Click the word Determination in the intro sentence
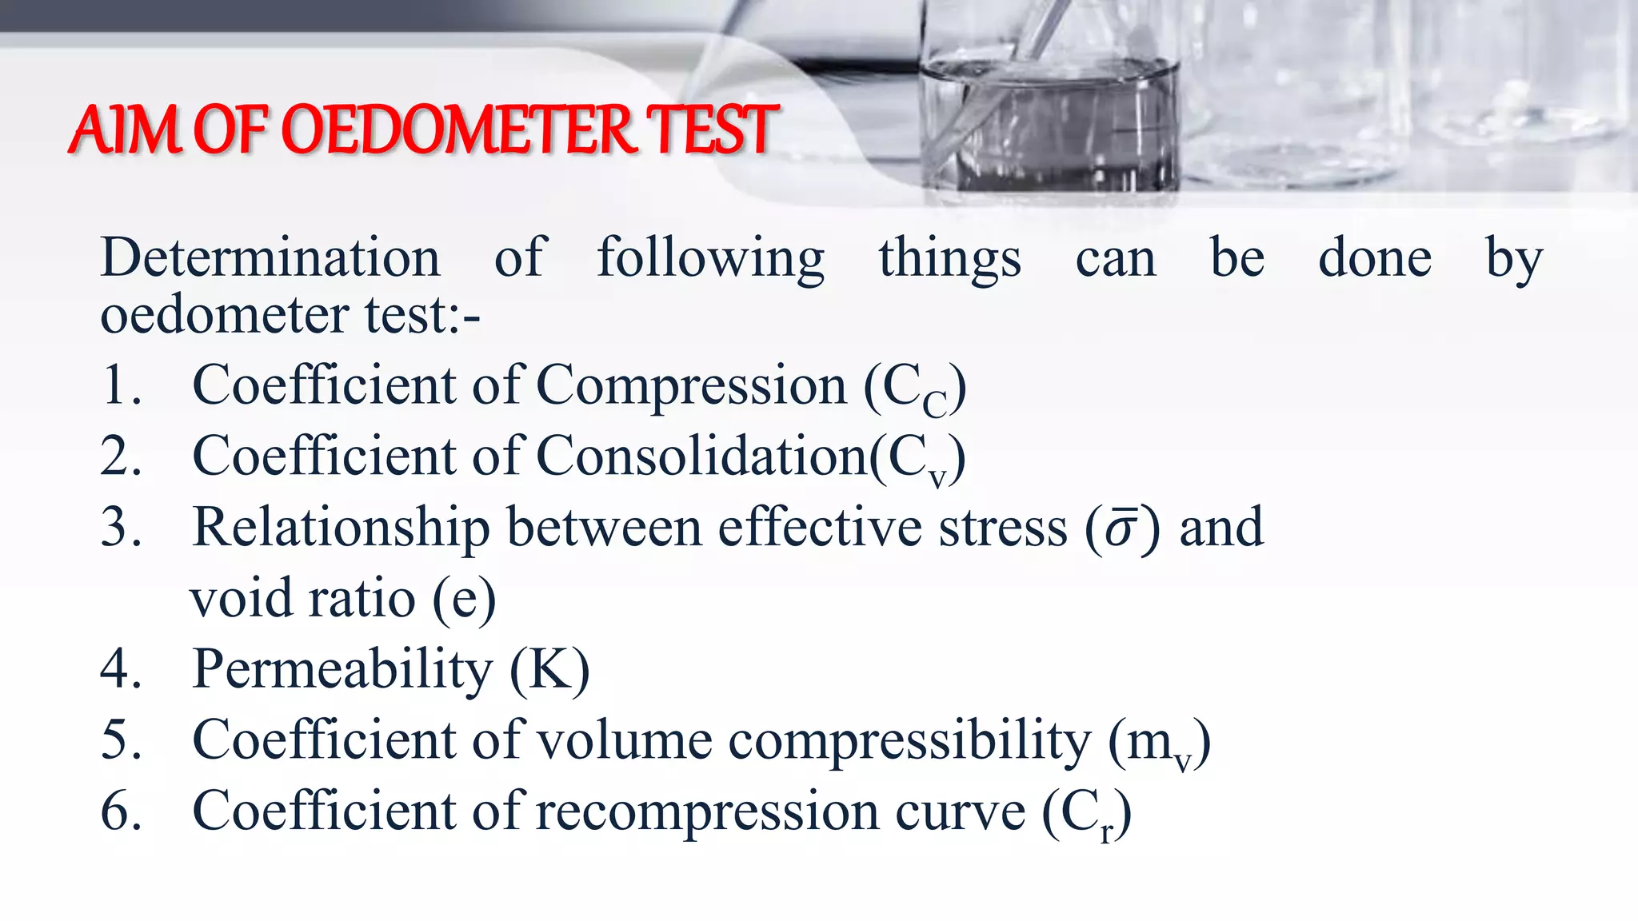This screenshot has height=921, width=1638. [270, 259]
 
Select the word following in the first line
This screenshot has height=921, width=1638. [710, 259]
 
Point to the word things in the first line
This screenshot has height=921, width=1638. [949, 259]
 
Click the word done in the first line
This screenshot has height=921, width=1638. [1374, 259]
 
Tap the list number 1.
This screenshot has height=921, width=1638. [120, 385]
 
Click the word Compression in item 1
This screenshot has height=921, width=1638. [691, 387]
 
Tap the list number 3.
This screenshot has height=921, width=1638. [121, 528]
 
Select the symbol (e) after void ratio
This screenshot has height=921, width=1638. [464, 600]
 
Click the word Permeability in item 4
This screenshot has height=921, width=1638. [342, 670]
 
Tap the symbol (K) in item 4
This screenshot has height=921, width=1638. [550, 670]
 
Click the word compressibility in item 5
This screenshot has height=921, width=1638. [909, 741]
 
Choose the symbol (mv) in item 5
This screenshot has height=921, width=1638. [1159, 744]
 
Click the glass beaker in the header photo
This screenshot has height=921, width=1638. [1049, 120]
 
